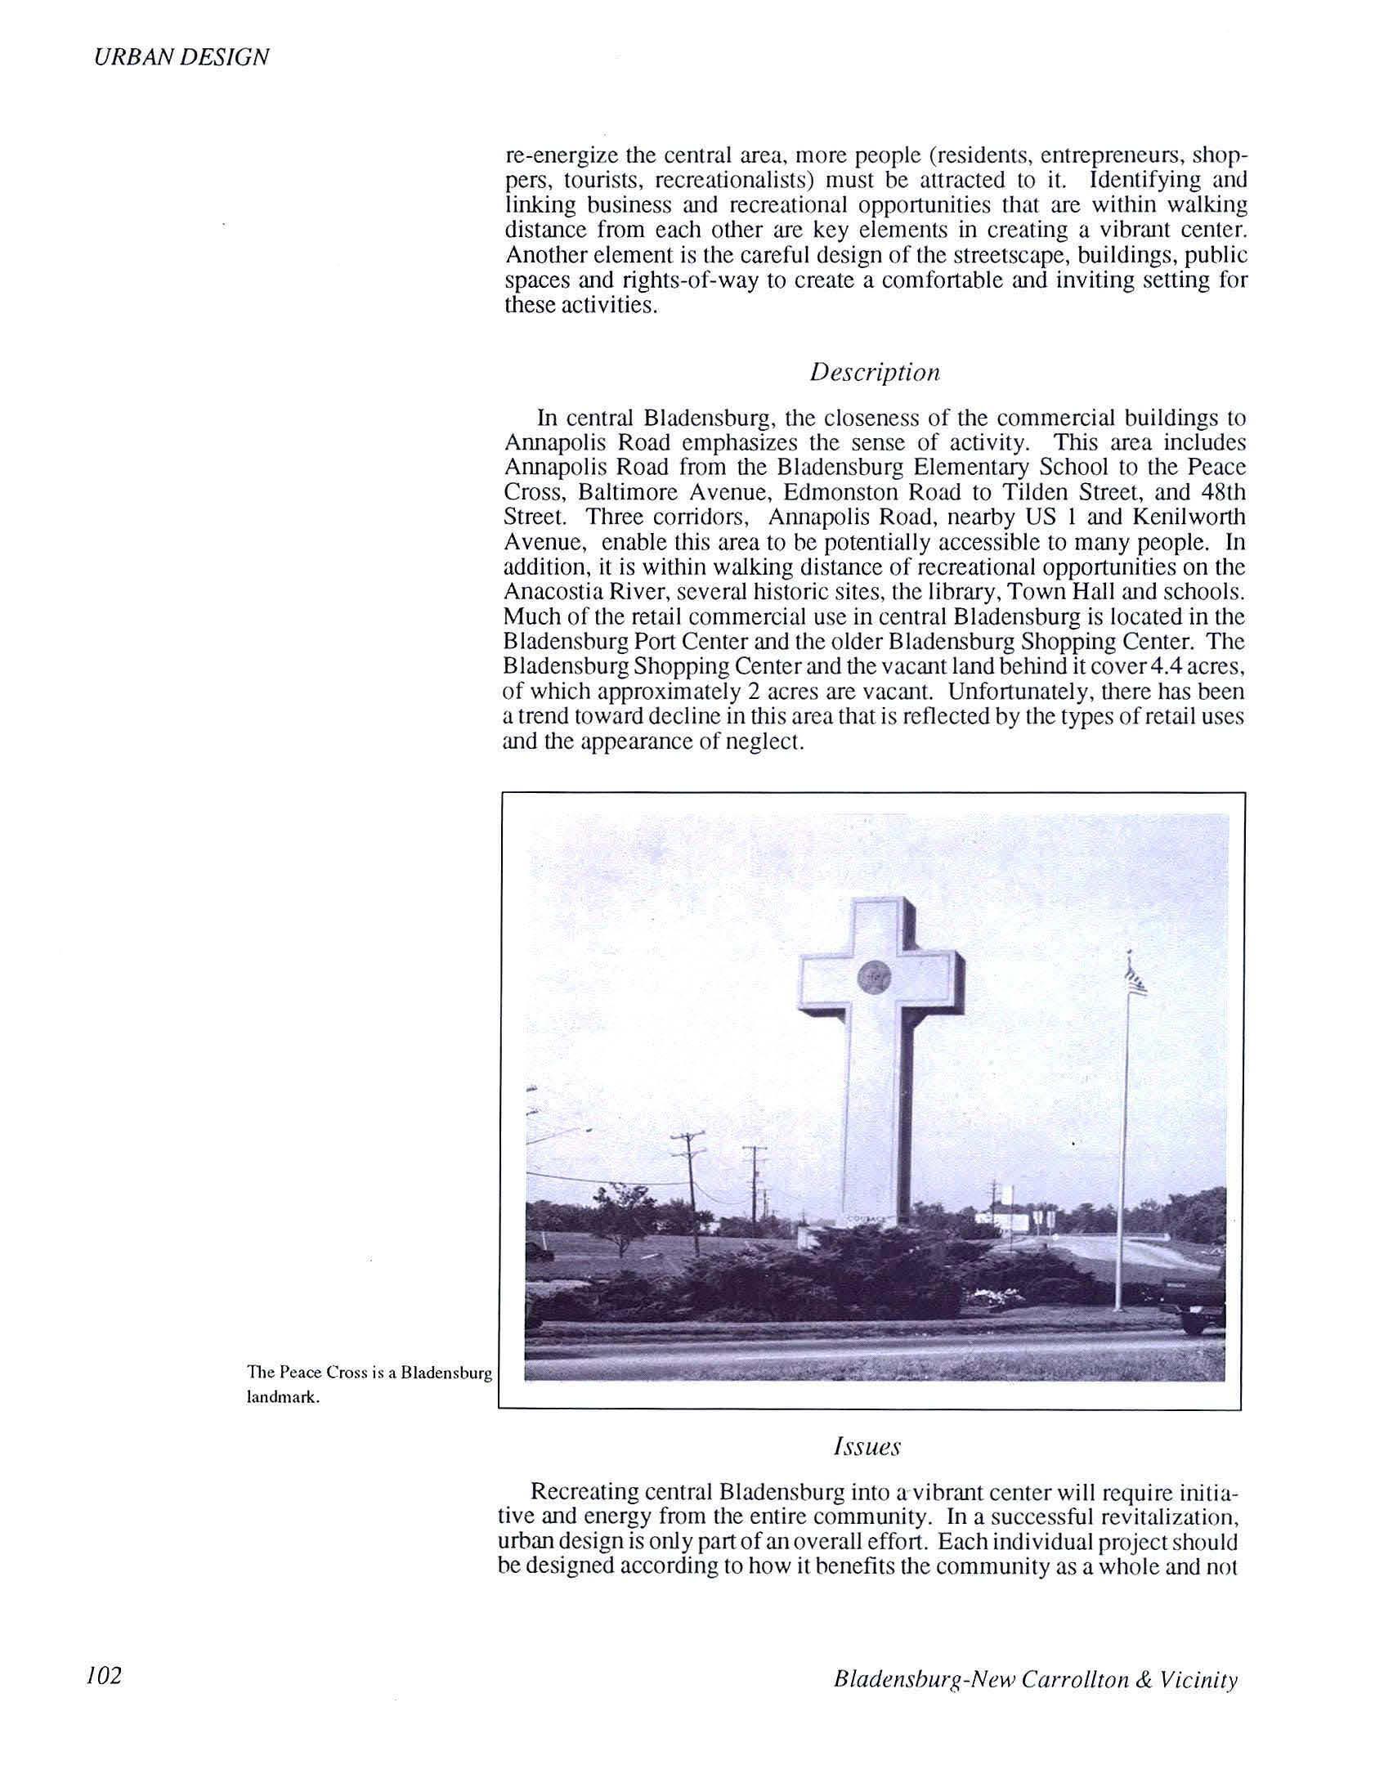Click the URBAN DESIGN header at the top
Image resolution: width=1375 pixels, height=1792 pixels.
pos(181,56)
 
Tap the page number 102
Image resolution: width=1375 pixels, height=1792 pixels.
pos(103,1676)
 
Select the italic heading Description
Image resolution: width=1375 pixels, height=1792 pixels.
pos(875,373)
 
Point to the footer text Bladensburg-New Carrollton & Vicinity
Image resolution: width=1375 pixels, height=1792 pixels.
pos(1036,1680)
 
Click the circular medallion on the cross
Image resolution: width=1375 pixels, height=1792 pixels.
pos(874,975)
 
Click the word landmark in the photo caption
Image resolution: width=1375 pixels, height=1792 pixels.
pos(283,1398)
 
